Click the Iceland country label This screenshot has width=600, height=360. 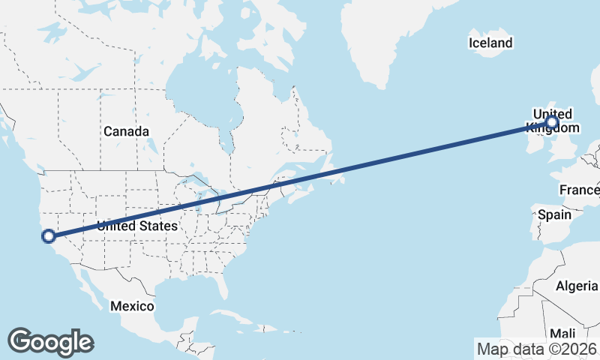(x=490, y=43)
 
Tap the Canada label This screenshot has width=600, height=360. (x=126, y=131)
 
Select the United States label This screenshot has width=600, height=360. (x=137, y=226)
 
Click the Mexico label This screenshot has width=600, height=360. (x=132, y=306)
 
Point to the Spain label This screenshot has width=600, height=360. (x=554, y=215)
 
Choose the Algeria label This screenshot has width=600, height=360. (x=577, y=286)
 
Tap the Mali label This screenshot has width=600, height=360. (x=563, y=333)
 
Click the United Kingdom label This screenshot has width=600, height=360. (x=552, y=121)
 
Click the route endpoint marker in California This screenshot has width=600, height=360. (x=49, y=236)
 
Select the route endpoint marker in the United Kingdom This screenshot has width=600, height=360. (x=552, y=121)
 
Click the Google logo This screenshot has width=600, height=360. (x=50, y=341)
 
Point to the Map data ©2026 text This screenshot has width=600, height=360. (x=537, y=349)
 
